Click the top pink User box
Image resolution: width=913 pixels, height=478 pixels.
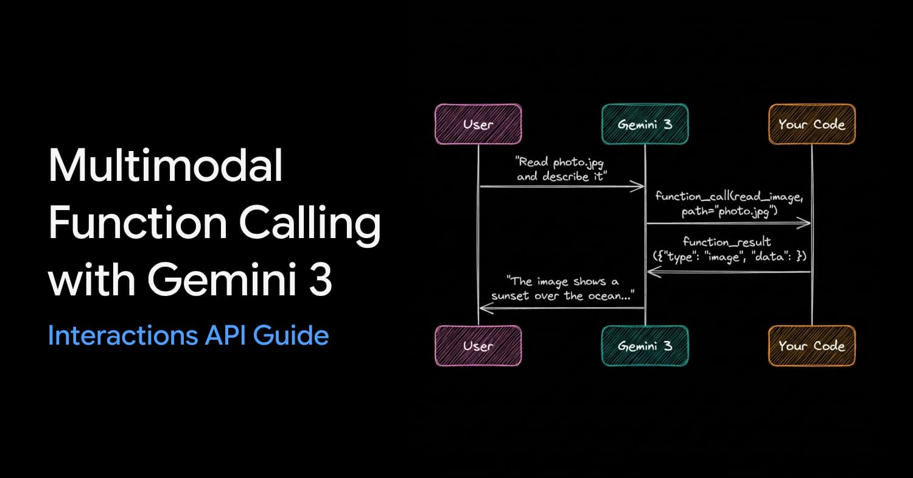pos(478,124)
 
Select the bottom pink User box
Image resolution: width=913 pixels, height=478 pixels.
pos(478,346)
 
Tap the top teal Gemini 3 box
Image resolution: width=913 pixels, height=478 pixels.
pos(645,124)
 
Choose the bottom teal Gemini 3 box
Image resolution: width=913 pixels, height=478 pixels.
pos(645,346)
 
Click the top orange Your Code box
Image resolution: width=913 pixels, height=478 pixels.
pos(812,124)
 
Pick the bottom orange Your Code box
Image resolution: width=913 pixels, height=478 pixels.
pos(812,346)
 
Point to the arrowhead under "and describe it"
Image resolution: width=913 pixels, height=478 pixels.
pos(637,186)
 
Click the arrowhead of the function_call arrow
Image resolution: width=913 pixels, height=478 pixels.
pos(803,223)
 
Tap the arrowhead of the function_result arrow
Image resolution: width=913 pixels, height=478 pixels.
pos(654,272)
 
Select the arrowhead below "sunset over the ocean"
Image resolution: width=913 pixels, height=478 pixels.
pos(487,308)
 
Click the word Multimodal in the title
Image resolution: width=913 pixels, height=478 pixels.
pos(166,165)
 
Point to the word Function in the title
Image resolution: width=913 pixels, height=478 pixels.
pos(138,222)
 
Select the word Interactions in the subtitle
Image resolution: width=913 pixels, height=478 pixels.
pos(123,336)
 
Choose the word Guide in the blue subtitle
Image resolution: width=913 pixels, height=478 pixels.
pos(290,336)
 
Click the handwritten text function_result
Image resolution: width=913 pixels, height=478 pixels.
pos(727,242)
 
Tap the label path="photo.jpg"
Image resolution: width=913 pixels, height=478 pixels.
pos(730,211)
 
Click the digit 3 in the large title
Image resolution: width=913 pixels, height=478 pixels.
pos(320,279)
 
